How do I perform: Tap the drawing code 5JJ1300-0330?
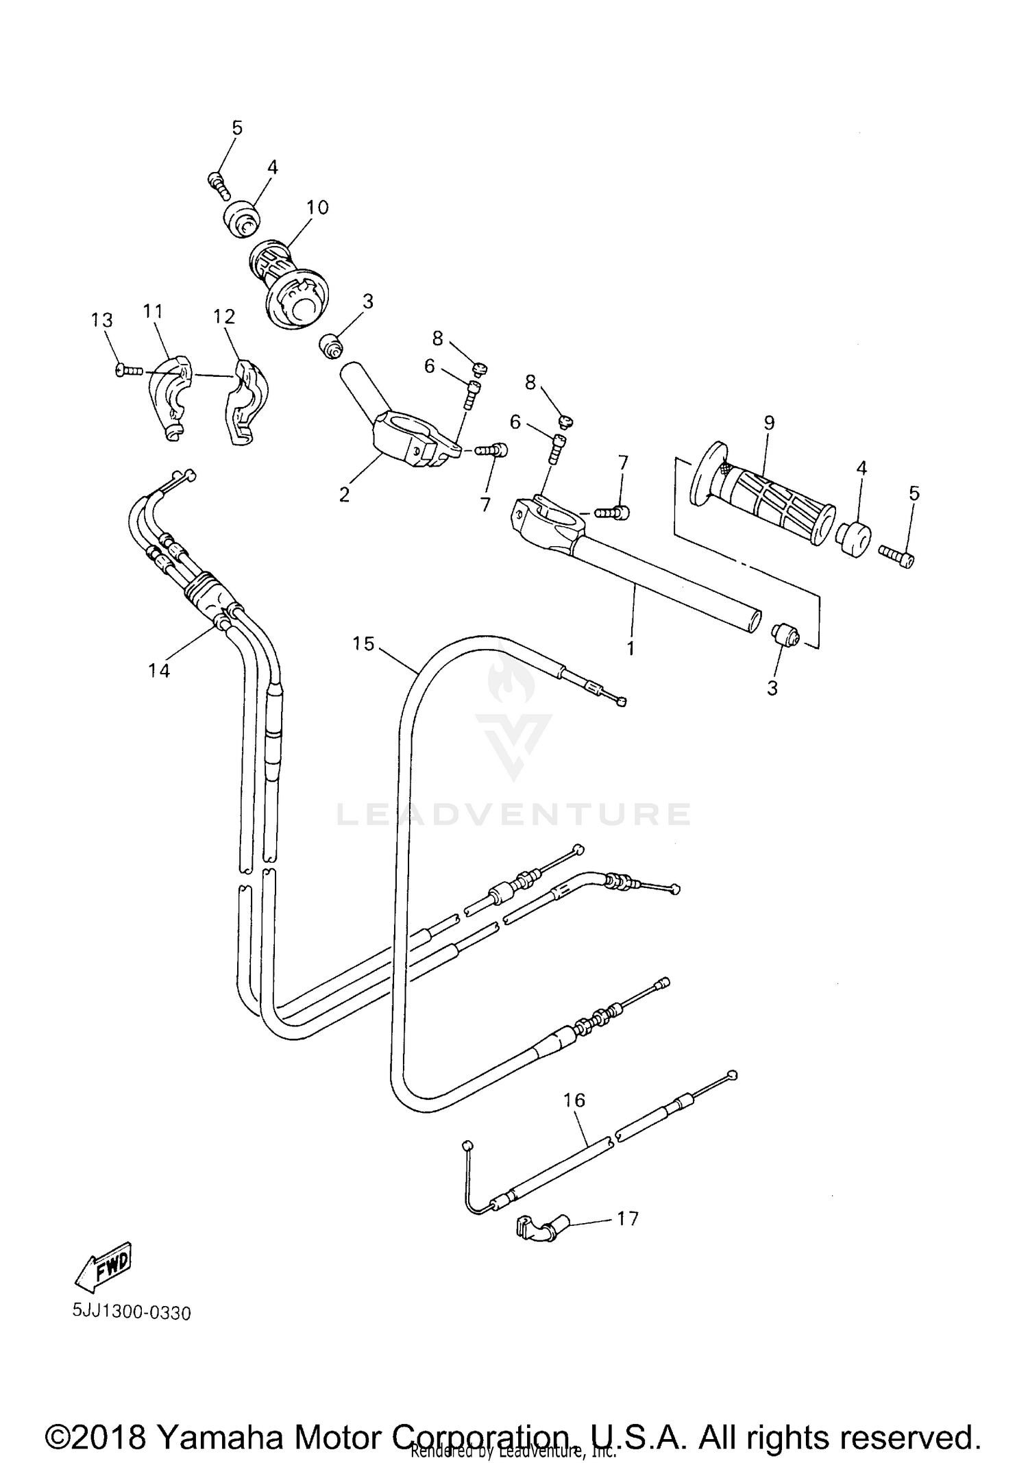[x=132, y=1313]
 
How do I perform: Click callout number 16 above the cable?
[x=574, y=1100]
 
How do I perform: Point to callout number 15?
[x=364, y=643]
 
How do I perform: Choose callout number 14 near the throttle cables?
[x=159, y=670]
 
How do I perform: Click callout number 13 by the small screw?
[x=102, y=320]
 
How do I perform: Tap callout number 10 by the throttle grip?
[x=317, y=207]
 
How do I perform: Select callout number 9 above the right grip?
[x=769, y=423]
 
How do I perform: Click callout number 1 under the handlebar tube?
[x=631, y=648]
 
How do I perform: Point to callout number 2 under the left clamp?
[x=344, y=493]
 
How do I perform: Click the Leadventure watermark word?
[x=514, y=814]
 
